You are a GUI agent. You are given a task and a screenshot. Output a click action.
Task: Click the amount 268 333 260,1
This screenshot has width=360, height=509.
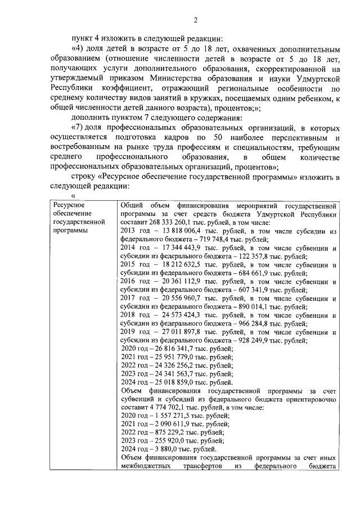[x=169, y=222]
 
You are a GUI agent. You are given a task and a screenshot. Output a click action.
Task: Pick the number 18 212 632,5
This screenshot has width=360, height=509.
[x=179, y=264]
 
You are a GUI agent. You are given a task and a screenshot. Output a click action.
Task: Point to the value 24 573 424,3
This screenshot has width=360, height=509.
[x=179, y=315]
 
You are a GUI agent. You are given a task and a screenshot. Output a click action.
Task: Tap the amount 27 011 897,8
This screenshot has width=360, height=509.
[x=179, y=332]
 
